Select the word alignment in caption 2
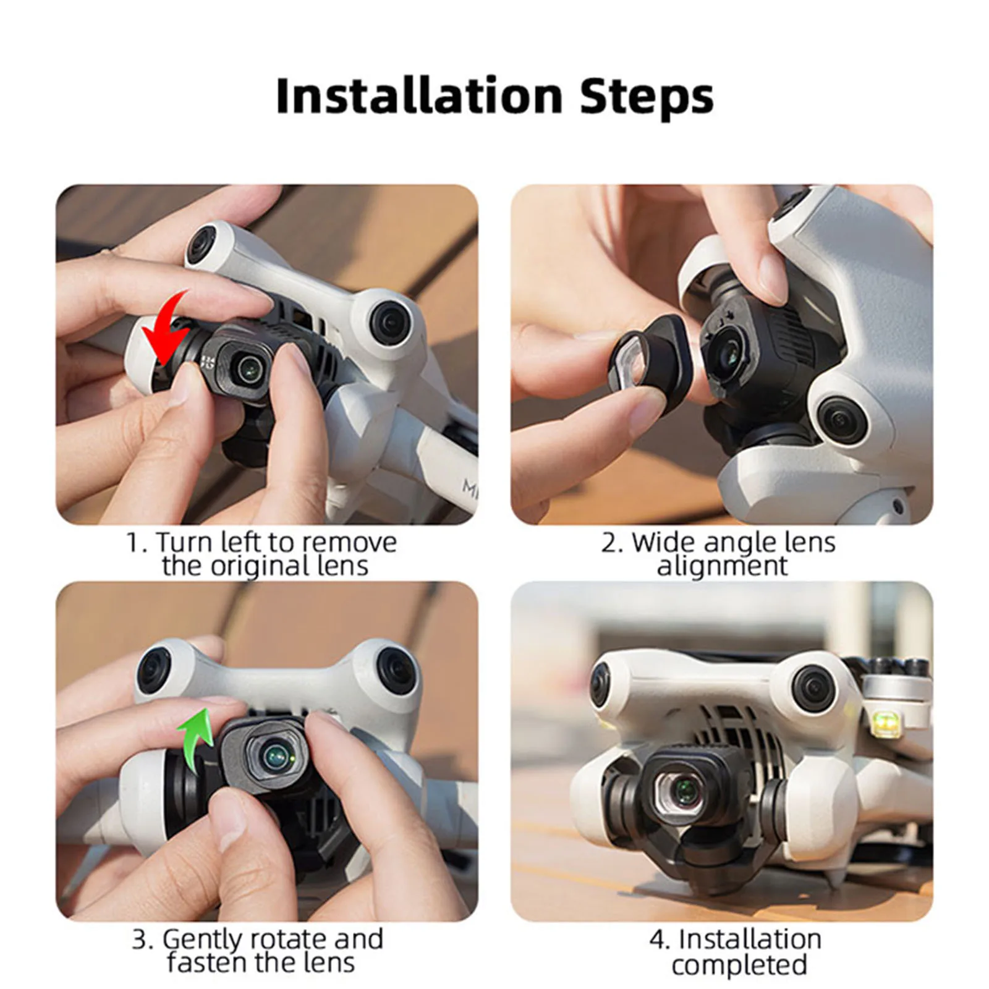(x=722, y=566)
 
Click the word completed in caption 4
(x=739, y=964)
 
